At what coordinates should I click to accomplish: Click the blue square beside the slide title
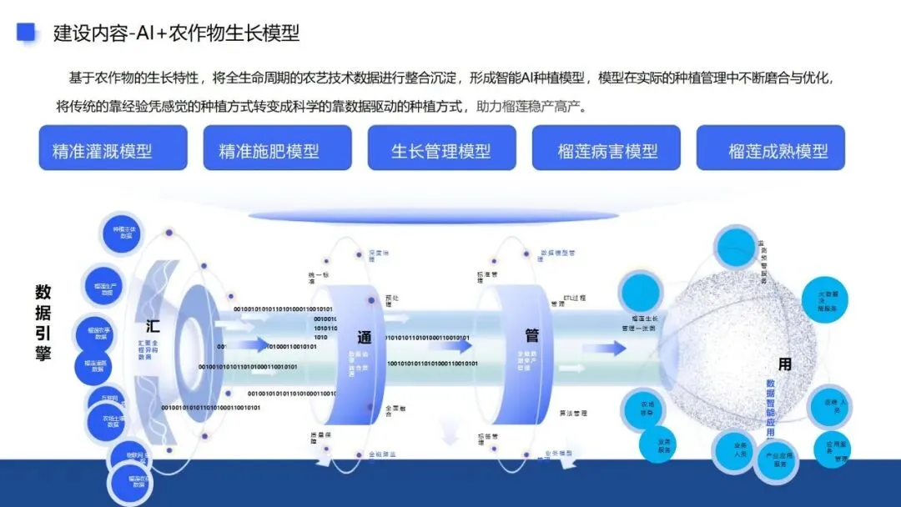point(28,32)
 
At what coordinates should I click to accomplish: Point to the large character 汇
point(153,325)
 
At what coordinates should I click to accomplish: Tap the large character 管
point(531,335)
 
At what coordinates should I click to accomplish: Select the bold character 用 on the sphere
point(784,364)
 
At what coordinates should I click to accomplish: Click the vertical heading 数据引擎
point(43,323)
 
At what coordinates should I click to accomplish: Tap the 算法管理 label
point(573,412)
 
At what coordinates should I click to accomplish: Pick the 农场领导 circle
point(646,408)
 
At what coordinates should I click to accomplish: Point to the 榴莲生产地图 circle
point(106,288)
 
